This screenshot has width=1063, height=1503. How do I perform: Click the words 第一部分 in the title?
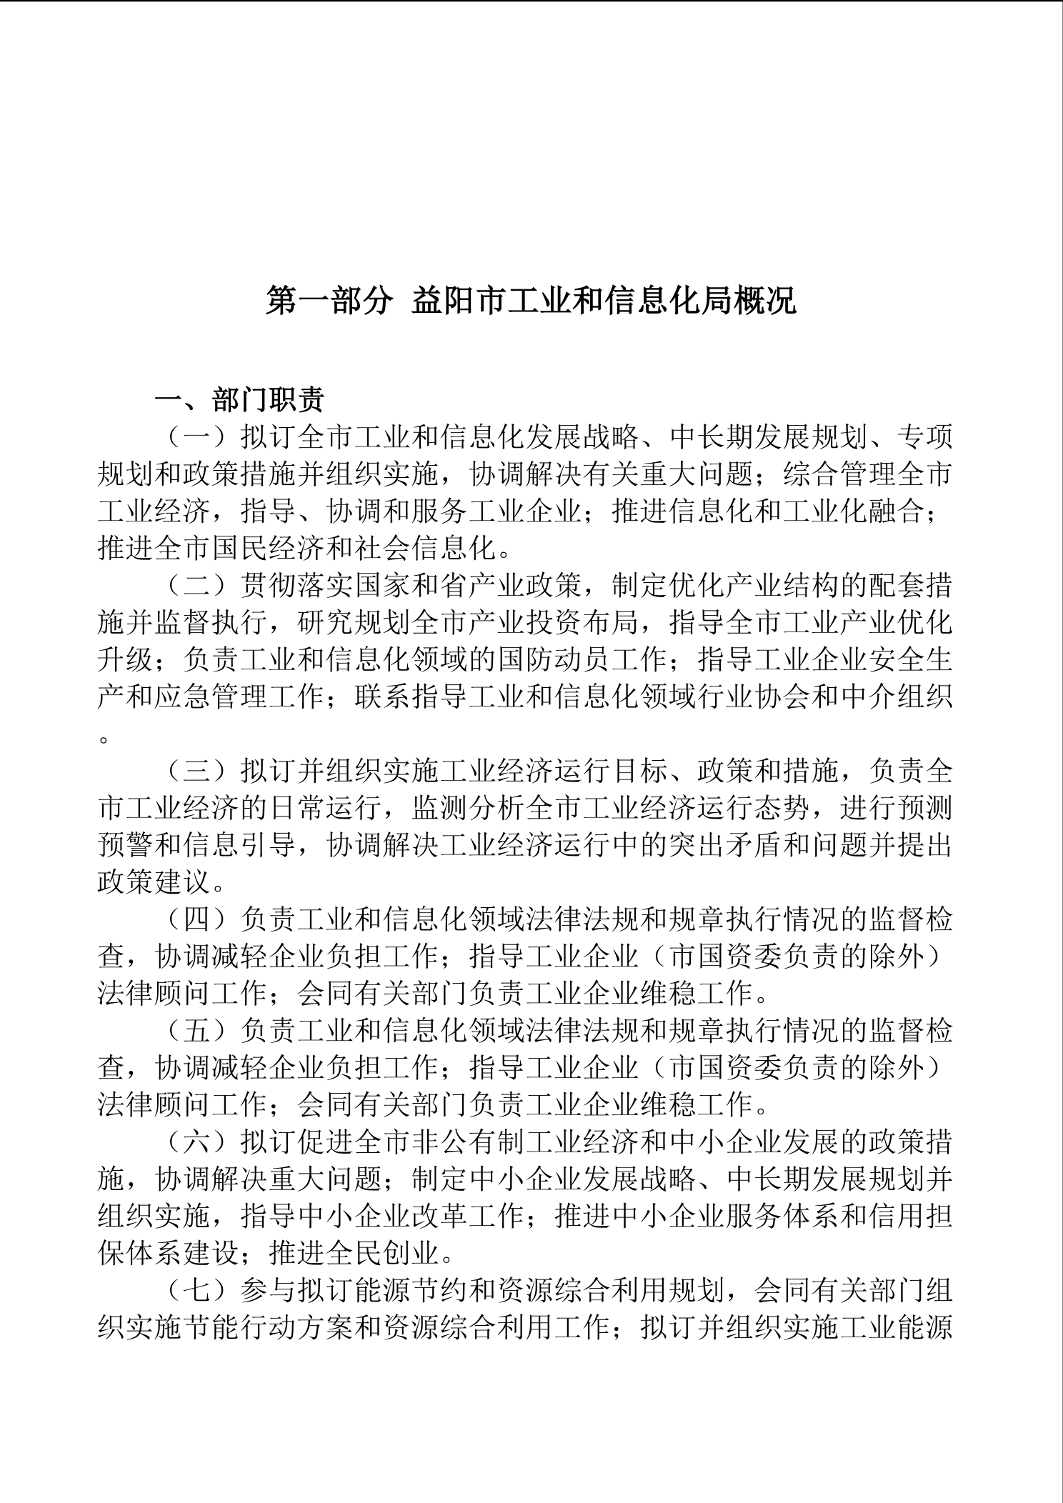(329, 301)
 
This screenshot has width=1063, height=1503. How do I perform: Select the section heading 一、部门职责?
(240, 400)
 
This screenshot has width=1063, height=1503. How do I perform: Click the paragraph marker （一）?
(197, 437)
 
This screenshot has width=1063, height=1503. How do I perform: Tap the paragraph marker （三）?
(197, 772)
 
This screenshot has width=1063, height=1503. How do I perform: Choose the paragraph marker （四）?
(197, 920)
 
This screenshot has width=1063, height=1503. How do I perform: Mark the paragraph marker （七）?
(197, 1292)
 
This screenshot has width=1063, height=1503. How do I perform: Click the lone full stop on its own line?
(104, 739)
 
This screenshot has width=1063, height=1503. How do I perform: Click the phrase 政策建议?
(154, 883)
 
